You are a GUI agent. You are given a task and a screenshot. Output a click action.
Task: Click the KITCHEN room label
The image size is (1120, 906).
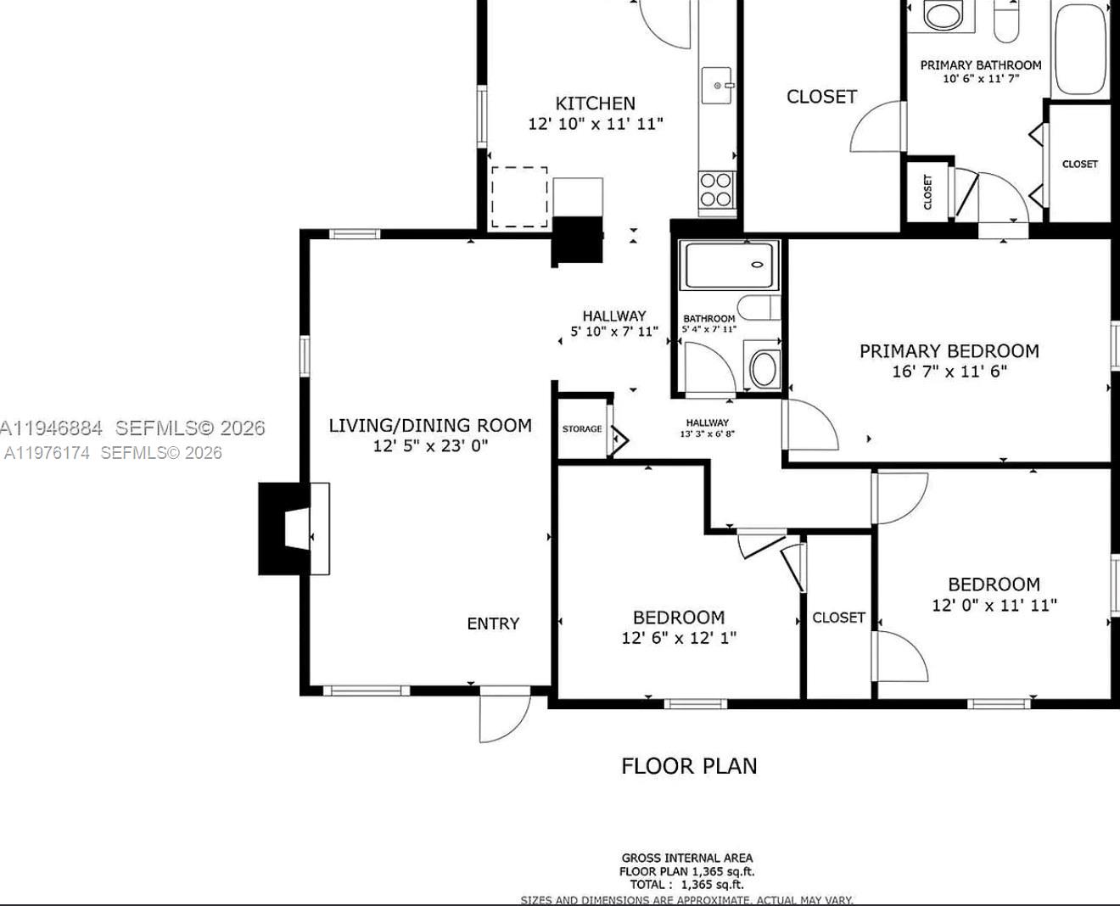595,103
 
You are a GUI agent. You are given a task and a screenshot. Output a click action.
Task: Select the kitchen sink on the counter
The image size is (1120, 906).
717,86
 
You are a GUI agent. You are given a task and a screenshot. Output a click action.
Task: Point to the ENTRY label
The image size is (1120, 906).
492,624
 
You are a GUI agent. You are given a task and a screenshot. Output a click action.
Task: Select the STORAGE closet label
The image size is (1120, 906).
582,429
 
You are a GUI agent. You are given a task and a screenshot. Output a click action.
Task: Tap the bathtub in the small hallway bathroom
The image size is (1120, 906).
730,266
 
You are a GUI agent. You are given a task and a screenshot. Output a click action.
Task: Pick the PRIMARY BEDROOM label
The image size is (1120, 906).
949,351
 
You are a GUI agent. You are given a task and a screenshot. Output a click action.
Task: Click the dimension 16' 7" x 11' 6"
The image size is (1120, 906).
949,372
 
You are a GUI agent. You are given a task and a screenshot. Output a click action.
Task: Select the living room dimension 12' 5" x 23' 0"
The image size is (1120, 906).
430,446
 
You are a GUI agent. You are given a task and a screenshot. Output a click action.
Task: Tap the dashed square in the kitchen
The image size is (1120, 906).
519,197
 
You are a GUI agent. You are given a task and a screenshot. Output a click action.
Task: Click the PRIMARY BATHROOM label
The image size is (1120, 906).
980,65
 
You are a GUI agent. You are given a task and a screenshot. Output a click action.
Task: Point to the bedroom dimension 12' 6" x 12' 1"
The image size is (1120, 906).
678,638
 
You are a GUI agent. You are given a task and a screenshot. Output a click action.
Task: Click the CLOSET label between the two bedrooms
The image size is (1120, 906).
838,618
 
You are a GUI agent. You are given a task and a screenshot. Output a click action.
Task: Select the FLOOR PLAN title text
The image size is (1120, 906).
689,766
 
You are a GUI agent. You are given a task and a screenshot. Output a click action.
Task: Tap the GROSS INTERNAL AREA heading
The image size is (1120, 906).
686,858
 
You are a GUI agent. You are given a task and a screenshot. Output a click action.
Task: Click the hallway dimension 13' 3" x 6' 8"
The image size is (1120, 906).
707,434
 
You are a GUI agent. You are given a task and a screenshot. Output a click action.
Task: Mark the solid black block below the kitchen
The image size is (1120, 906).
578,240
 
